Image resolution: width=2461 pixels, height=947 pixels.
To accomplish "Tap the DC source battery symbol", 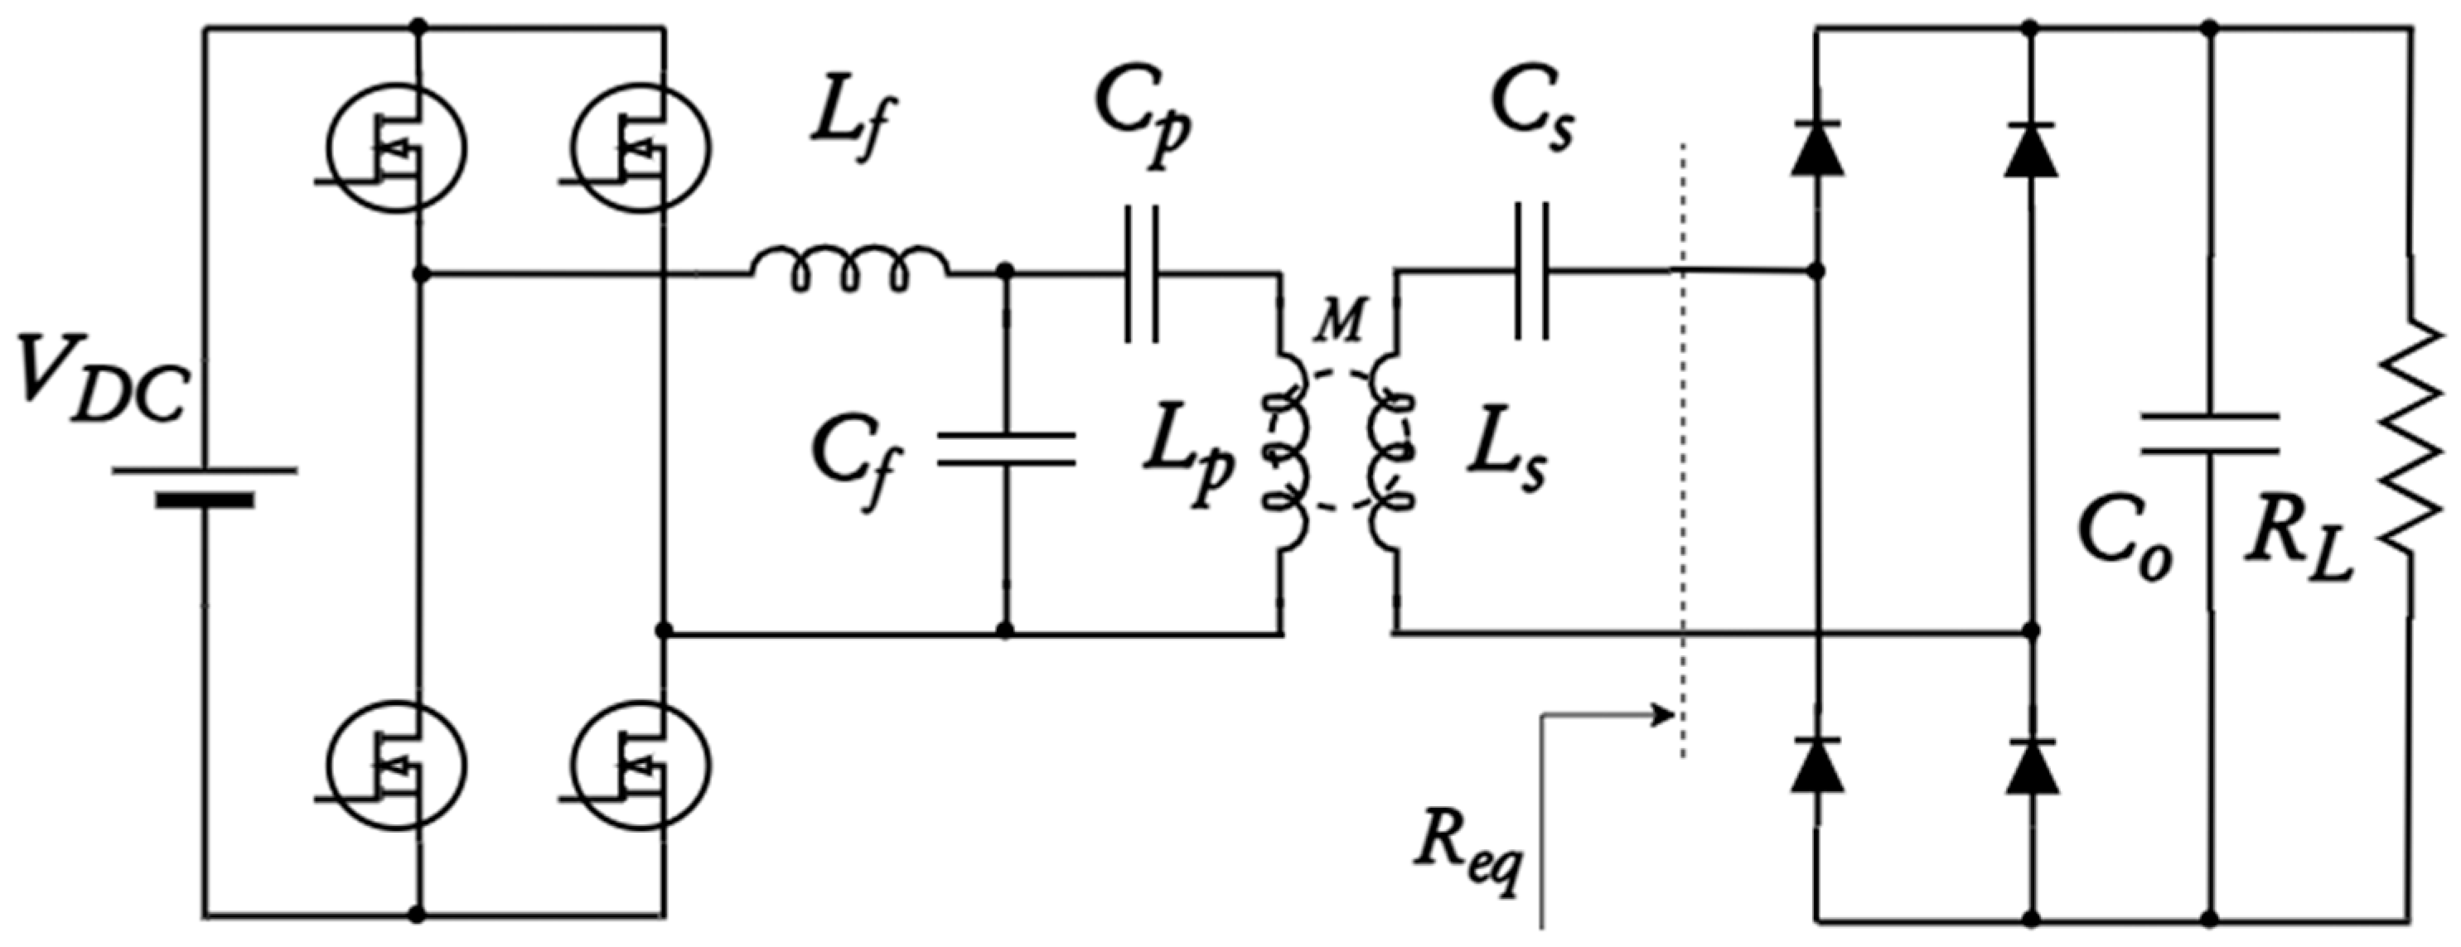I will click(x=205, y=486).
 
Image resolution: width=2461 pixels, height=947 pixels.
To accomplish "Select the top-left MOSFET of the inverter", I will click(x=396, y=148).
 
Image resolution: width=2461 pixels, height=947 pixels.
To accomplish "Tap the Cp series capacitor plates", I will click(x=1142, y=274).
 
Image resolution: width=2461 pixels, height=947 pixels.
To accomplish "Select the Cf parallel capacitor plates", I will click(x=1005, y=449).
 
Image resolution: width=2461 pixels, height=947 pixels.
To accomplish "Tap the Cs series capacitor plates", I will click(x=1531, y=273).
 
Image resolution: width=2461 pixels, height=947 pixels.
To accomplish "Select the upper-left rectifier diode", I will click(x=1817, y=151).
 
